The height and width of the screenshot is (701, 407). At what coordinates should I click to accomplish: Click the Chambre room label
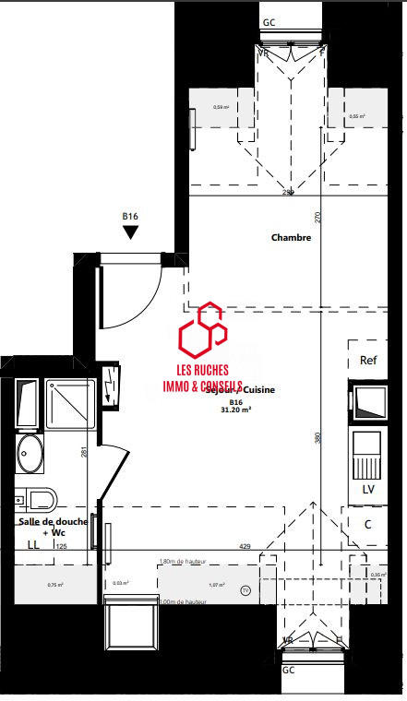click(291, 238)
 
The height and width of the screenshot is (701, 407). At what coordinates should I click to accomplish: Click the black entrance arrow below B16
click(130, 232)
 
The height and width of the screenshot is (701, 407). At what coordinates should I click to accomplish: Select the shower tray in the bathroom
click(69, 404)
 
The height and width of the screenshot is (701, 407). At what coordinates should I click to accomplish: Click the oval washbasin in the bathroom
click(29, 454)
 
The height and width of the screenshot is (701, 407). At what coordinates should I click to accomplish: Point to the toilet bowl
click(39, 500)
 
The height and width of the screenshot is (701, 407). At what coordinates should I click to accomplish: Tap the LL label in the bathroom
click(33, 546)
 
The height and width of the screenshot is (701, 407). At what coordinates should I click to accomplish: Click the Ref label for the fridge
click(368, 361)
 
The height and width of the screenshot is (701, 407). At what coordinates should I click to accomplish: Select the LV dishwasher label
click(368, 488)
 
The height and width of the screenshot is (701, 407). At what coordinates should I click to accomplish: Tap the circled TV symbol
click(245, 589)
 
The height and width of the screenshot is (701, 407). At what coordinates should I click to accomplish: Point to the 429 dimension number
click(245, 547)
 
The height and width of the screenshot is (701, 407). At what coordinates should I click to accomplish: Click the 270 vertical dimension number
click(318, 218)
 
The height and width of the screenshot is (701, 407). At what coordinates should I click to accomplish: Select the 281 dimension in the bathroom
click(83, 452)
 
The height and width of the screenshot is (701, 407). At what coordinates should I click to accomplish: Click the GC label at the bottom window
click(289, 669)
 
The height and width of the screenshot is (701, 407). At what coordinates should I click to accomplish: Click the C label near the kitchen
click(367, 525)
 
